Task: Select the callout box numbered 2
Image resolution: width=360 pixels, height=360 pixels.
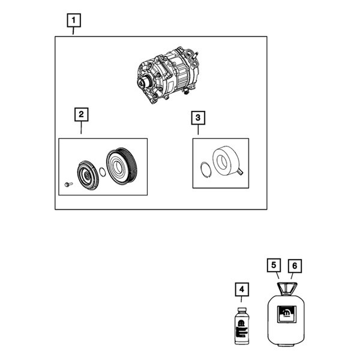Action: [x=81, y=113]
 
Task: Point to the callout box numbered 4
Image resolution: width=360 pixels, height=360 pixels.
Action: [x=241, y=290]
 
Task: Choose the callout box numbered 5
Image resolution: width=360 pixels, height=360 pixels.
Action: [x=273, y=265]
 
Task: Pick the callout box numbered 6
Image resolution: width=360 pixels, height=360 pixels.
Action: [x=293, y=265]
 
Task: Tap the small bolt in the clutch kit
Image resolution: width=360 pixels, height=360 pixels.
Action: [x=68, y=184]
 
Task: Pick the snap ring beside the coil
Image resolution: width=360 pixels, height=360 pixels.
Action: [x=205, y=170]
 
